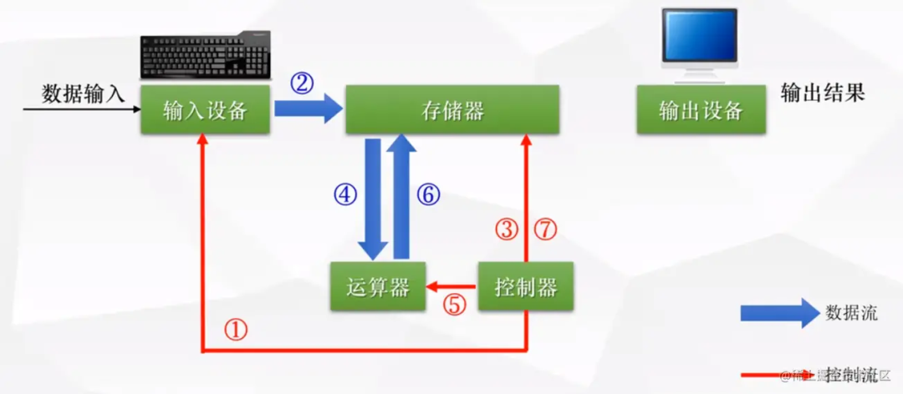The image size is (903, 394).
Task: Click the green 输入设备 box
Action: click(x=206, y=110)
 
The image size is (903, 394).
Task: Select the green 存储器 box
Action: click(x=452, y=110)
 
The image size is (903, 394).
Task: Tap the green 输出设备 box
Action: click(x=701, y=110)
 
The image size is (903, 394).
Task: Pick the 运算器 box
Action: click(x=377, y=287)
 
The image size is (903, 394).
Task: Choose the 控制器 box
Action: click(x=526, y=287)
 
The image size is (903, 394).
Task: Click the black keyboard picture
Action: click(x=206, y=57)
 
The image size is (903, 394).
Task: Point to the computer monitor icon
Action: click(x=699, y=43)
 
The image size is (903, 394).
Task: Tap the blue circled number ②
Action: click(x=302, y=83)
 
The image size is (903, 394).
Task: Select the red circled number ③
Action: click(x=507, y=229)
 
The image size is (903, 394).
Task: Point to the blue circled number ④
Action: click(x=345, y=195)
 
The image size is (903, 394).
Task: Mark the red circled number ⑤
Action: click(x=454, y=305)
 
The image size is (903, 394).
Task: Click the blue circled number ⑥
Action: click(x=427, y=195)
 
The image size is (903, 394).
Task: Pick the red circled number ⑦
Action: click(x=545, y=229)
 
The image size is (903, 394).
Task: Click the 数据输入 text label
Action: click(x=83, y=93)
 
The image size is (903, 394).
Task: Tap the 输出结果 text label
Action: click(x=822, y=93)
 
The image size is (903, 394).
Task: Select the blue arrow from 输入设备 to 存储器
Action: click(x=308, y=109)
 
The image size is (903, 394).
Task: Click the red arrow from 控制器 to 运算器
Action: click(x=451, y=286)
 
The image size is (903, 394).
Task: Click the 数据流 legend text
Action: click(x=851, y=313)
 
